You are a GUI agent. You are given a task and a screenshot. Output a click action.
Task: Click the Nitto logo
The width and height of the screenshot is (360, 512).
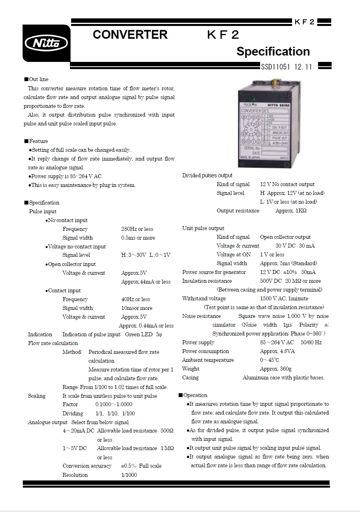point(46,43)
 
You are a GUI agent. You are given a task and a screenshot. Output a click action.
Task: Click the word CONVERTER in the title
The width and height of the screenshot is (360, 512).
point(130,35)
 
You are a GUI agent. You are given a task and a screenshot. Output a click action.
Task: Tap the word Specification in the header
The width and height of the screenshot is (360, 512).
point(273,52)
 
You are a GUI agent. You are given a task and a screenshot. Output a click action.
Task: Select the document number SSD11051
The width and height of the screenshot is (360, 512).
point(276,67)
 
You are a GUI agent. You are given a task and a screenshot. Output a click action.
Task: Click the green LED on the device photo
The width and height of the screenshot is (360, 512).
point(253,99)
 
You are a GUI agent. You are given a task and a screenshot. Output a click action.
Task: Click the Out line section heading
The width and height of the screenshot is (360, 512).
point(38,79)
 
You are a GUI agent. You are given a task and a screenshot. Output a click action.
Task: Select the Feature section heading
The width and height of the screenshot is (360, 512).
point(38,141)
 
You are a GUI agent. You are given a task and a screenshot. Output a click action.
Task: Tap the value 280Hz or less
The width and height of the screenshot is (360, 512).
point(137,229)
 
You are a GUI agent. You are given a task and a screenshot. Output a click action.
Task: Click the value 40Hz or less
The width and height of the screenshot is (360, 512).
point(135,300)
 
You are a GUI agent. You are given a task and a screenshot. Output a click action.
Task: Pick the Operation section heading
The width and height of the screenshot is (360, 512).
point(195,395)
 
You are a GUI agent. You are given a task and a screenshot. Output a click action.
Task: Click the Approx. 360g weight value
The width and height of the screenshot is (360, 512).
point(275,369)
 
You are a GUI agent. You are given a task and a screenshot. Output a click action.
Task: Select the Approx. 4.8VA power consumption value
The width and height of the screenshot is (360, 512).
point(277,351)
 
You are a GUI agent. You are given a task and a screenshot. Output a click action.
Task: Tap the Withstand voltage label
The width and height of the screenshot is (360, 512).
point(204,299)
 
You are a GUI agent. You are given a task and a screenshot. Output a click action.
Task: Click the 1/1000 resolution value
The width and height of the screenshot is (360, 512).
point(129,475)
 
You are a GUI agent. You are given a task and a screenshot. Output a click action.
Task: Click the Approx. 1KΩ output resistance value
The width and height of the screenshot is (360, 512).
point(291,211)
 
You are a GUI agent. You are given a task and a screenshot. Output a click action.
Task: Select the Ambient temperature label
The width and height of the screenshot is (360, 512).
point(208,360)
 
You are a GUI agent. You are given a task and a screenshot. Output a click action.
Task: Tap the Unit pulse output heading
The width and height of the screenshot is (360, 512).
point(203,228)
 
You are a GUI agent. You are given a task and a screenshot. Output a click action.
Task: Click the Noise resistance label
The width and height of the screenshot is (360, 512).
point(201,316)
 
